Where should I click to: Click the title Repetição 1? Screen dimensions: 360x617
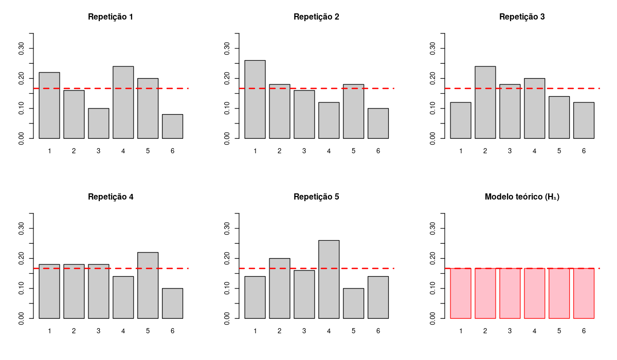coord(111,16)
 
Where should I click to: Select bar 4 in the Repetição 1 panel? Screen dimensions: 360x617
coord(123,102)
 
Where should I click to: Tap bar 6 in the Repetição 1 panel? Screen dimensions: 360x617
coord(172,127)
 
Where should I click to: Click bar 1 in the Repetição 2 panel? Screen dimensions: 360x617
coord(255,99)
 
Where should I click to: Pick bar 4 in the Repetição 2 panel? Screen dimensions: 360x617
coord(329,120)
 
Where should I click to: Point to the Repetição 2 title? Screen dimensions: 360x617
coord(316,16)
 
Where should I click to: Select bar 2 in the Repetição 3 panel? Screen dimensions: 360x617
coord(485,102)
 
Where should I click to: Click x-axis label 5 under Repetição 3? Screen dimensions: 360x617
coord(559,151)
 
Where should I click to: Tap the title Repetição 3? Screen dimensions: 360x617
coord(522,16)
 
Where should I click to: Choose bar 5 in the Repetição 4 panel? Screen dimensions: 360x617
coord(148,285)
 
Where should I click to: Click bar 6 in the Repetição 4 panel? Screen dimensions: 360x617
coord(172,303)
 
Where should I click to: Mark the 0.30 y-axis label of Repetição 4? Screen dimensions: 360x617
coord(21,228)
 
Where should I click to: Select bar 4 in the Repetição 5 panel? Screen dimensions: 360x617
coord(329,279)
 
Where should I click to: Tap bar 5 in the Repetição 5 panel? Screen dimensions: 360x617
coord(353,303)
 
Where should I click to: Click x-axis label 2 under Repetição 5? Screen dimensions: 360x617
coord(279,331)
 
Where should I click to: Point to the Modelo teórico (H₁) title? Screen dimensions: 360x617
coord(522,196)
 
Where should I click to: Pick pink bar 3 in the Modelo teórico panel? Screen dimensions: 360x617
coord(510,293)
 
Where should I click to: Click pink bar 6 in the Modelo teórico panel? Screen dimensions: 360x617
coord(584,293)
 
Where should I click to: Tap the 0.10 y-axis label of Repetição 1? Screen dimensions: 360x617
coord(21,109)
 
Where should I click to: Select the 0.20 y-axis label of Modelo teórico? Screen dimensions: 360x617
coord(432,258)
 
